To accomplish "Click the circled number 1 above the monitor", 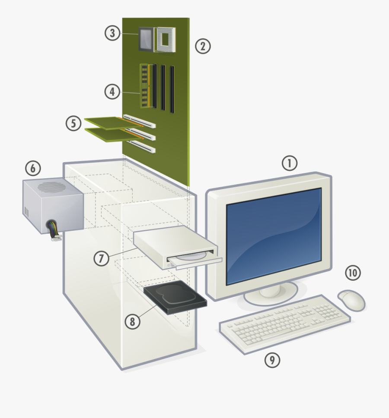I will coord(290,163).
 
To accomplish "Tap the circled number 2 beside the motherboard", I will coord(202,46).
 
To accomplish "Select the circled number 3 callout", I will coord(112,33).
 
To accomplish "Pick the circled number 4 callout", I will coord(112,91).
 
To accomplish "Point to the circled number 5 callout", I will coord(73,124).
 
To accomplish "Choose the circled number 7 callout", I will coord(102,258).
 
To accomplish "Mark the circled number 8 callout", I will coord(133,321).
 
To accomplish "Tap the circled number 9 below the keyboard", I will coord(272,360).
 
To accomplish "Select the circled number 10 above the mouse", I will coord(353,273).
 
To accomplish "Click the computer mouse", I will coord(351,300).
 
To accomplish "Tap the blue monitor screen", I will coord(274,235).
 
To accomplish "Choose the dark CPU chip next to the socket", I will coord(146,39).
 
